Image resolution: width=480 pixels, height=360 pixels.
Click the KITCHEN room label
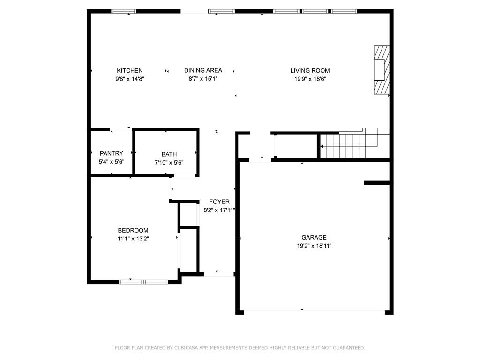129,71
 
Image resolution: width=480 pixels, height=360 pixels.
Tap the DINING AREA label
203,70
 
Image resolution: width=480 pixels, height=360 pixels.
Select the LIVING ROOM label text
310,71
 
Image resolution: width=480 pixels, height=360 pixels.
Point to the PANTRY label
112,153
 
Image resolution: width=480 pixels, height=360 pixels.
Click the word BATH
169,154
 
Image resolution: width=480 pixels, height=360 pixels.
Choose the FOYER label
219,202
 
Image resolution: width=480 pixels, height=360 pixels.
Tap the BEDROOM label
133,231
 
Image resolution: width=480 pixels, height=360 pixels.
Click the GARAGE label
314,238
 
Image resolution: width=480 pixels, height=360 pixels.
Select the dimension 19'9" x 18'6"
310,79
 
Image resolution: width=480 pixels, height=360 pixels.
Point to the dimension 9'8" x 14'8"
129,79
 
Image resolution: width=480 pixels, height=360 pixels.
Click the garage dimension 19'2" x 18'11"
314,246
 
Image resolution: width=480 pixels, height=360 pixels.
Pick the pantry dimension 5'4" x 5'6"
112,162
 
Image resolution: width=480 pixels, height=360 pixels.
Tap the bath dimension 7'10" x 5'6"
169,163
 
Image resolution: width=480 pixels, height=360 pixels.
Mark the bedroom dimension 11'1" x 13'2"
133,239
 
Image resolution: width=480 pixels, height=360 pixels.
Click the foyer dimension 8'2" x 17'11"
219,210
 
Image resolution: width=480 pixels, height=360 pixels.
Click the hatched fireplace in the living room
382,70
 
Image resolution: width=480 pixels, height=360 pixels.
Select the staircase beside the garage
354,143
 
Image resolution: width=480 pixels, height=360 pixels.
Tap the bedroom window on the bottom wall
143,282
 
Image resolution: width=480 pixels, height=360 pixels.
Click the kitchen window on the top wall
124,11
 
